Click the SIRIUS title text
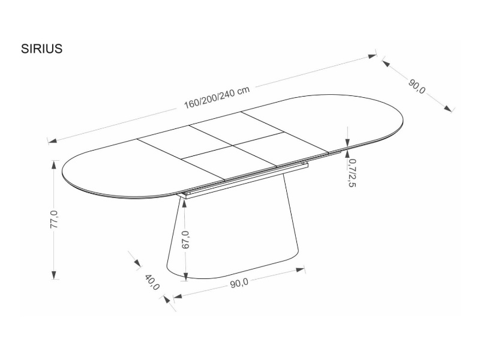[x=41, y=49]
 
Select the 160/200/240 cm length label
[x=217, y=97]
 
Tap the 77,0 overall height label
[x=54, y=220]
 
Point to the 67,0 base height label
[x=185, y=239]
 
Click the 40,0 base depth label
[x=152, y=282]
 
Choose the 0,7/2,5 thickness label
[x=352, y=173]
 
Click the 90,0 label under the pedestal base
[x=239, y=283]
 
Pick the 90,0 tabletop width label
[x=416, y=86]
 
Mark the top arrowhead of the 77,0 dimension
[x=54, y=165]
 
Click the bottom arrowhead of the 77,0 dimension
[x=54, y=275]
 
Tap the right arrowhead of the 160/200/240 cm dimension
[x=372, y=56]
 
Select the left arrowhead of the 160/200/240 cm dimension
[x=53, y=140]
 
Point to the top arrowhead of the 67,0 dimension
[x=185, y=203]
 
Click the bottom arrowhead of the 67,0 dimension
[x=185, y=275]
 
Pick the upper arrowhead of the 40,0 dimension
[x=137, y=263]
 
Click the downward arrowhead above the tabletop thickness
[x=347, y=143]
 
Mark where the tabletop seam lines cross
[x=233, y=145]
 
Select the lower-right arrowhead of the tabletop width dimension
[x=448, y=109]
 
